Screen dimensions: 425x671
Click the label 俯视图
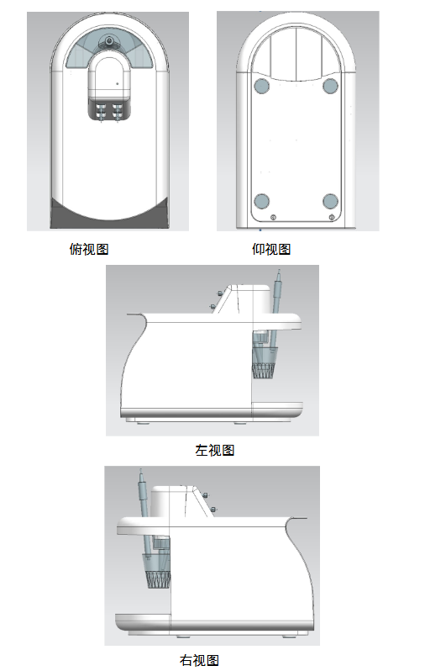point(89,249)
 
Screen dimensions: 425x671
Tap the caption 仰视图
point(271,249)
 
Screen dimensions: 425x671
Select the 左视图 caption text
point(215,450)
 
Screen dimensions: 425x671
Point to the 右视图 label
point(199,660)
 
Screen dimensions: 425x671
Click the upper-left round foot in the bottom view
point(261,86)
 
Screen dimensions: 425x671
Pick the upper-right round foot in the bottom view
point(330,86)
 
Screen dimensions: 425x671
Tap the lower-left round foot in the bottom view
point(261,201)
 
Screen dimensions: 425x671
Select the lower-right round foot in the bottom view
point(330,201)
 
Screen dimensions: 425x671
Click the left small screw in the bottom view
point(273,218)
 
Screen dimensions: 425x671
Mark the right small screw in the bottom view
point(332,218)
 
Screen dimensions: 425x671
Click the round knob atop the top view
point(109,41)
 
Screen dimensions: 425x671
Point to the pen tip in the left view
point(279,271)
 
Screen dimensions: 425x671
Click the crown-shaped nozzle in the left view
point(263,371)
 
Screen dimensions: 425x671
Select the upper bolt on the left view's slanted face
point(219,293)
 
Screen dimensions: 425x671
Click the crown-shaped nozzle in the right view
point(159,580)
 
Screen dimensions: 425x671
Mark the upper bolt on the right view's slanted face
point(205,495)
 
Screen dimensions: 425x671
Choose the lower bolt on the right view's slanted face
point(213,510)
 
